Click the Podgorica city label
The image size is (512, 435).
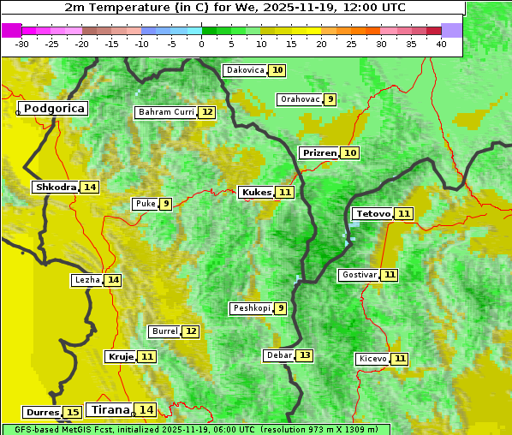point(53,109)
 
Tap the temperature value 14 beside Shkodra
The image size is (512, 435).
point(90,187)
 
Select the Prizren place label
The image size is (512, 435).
point(319,152)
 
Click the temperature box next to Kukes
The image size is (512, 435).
point(285,193)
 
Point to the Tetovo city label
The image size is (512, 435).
point(372,213)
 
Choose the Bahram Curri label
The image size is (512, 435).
point(166,112)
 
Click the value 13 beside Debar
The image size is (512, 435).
point(305,355)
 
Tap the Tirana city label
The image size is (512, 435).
point(109,410)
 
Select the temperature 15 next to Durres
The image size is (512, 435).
point(73,413)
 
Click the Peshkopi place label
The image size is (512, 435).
point(251,308)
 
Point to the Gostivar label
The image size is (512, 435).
point(358,275)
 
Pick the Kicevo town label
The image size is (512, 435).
point(372,359)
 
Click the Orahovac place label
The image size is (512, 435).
point(300,99)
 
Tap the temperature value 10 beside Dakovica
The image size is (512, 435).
point(277,70)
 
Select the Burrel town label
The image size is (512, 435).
point(164,331)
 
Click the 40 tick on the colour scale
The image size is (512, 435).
point(441,44)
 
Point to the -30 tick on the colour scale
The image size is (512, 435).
point(22,44)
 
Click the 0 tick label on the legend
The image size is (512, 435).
point(202,44)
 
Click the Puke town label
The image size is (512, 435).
point(144,204)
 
